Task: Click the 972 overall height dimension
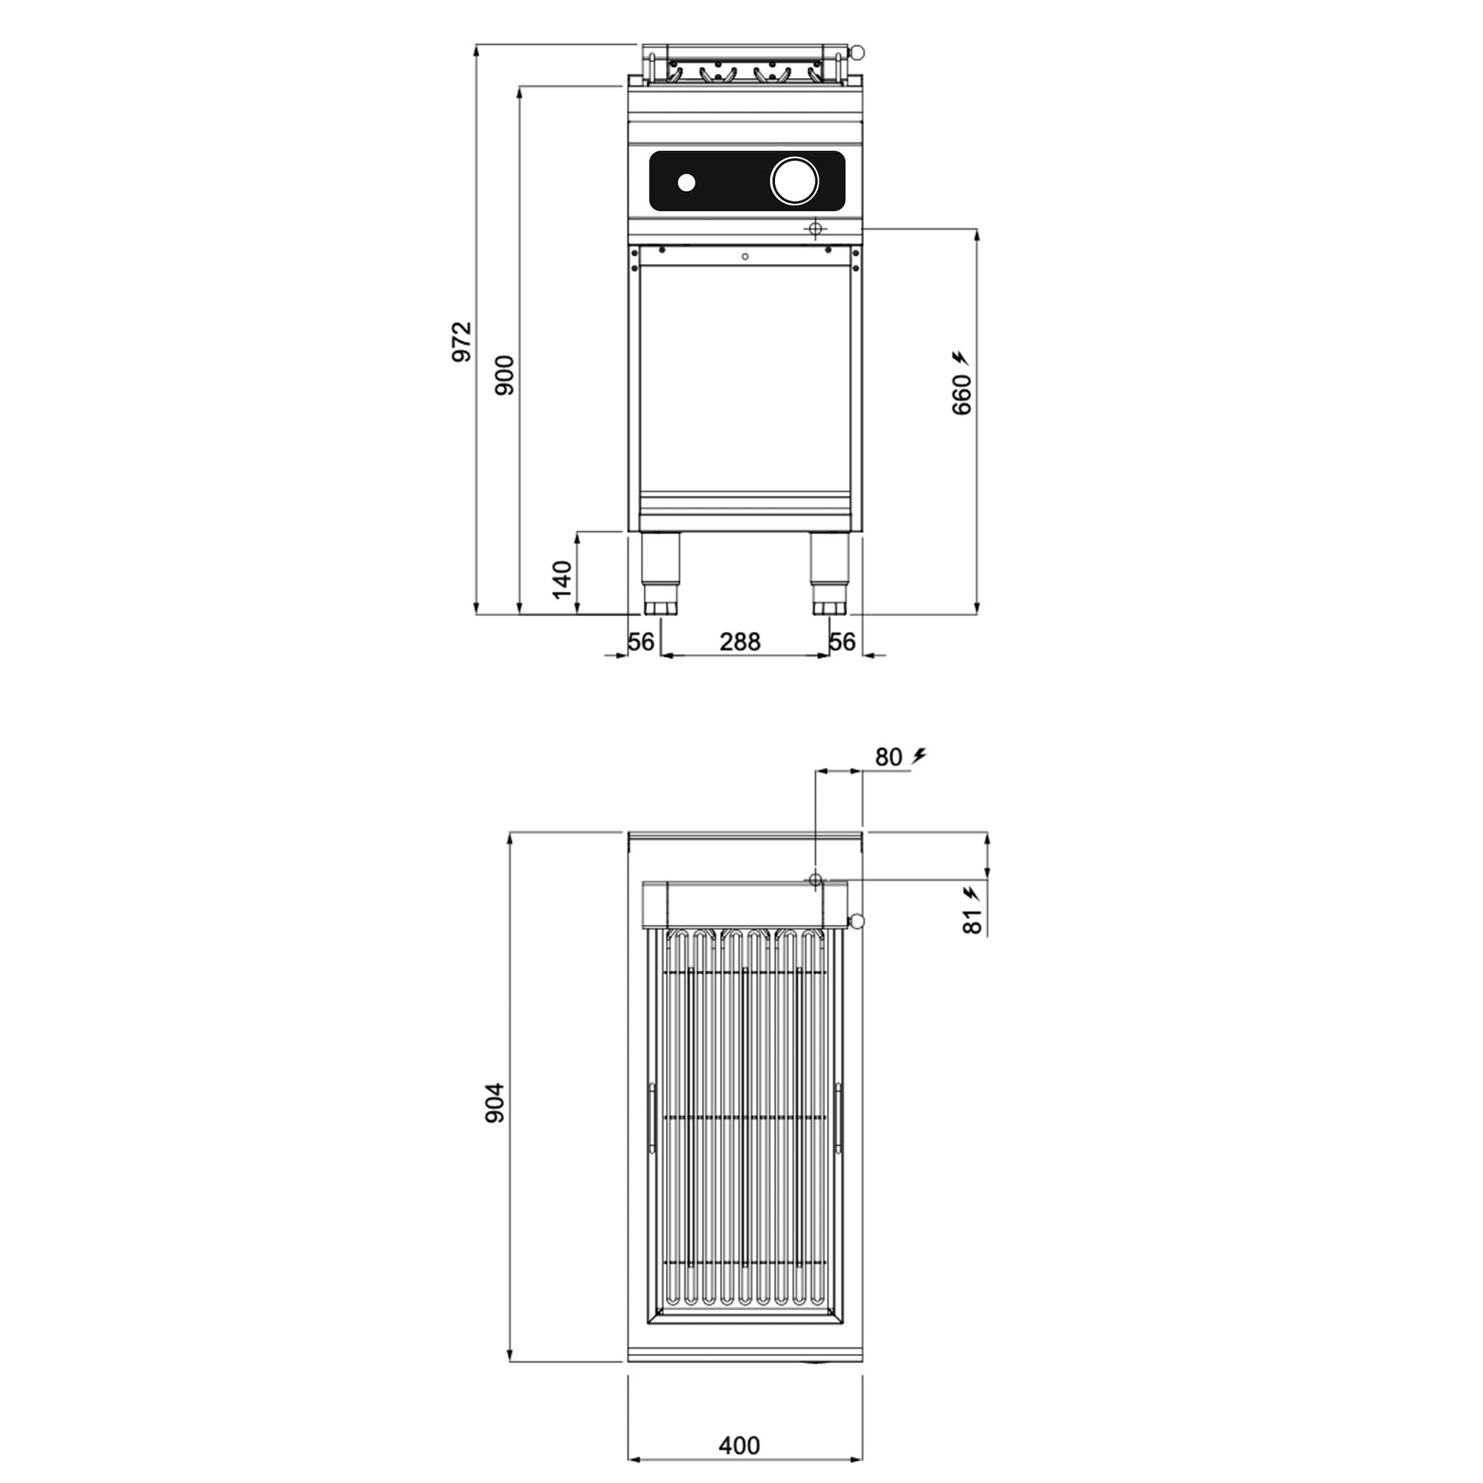click(461, 342)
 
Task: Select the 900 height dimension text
click(504, 375)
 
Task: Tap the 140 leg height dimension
click(563, 580)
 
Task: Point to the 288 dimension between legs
click(740, 641)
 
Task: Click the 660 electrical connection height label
click(961, 394)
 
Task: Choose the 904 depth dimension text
click(495, 1103)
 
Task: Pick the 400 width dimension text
click(739, 1445)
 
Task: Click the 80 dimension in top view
click(888, 757)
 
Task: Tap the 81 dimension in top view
click(972, 921)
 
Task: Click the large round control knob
click(794, 181)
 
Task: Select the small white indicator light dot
click(686, 182)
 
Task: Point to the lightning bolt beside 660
click(960, 357)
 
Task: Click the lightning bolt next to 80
click(919, 756)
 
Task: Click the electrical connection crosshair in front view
click(815, 228)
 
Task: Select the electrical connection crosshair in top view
click(815, 879)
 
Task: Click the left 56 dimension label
click(641, 641)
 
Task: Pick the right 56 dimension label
click(842, 641)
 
